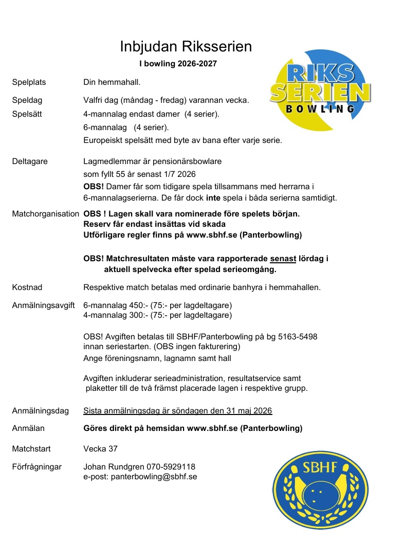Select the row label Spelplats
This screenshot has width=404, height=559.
coord(29,82)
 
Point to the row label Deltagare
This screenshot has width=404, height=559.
coord(30,161)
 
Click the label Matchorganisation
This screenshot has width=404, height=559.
coord(45,213)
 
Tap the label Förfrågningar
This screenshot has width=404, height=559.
coord(36,467)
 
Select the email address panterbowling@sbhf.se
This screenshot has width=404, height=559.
coord(154,477)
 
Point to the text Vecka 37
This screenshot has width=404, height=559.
coord(100,449)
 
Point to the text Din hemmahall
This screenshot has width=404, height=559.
coord(112,82)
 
